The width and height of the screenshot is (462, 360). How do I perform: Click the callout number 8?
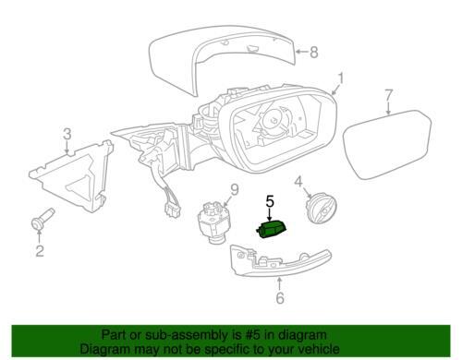click(x=313, y=53)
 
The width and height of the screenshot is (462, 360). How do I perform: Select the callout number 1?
click(x=340, y=78)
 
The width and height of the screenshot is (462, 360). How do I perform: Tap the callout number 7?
click(x=389, y=95)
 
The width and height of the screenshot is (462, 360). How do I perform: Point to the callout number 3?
click(x=67, y=134)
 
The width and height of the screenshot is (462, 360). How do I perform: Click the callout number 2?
click(x=40, y=251)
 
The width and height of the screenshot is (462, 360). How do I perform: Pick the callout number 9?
click(x=235, y=190)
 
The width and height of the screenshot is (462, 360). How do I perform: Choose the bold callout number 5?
click(x=270, y=201)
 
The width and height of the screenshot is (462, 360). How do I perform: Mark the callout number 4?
click(x=298, y=182)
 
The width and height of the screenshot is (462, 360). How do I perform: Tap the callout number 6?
click(x=280, y=297)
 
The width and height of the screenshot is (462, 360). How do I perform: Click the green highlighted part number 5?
click(x=271, y=230)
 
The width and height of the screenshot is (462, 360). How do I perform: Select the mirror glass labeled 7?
click(x=388, y=144)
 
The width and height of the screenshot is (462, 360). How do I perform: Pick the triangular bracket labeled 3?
click(x=71, y=175)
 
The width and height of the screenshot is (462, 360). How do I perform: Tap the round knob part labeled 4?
click(x=321, y=209)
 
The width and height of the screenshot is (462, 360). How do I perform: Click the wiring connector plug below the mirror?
click(x=172, y=211)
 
